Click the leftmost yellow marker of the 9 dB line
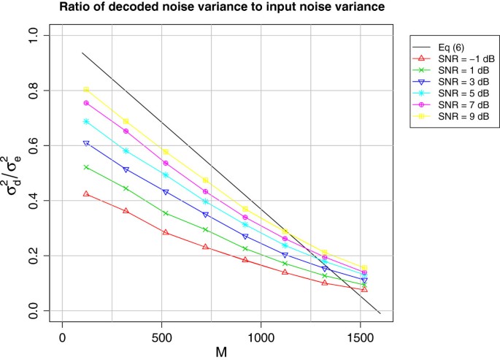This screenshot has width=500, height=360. point(86,90)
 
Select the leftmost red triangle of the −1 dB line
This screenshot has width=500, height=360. point(86,194)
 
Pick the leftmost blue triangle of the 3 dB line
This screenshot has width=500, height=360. point(86,143)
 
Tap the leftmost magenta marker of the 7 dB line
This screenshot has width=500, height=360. point(86,103)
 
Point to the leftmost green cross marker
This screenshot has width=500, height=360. point(86,167)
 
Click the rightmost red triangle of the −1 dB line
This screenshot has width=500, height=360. point(364,289)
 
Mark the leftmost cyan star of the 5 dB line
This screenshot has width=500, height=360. point(86,121)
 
